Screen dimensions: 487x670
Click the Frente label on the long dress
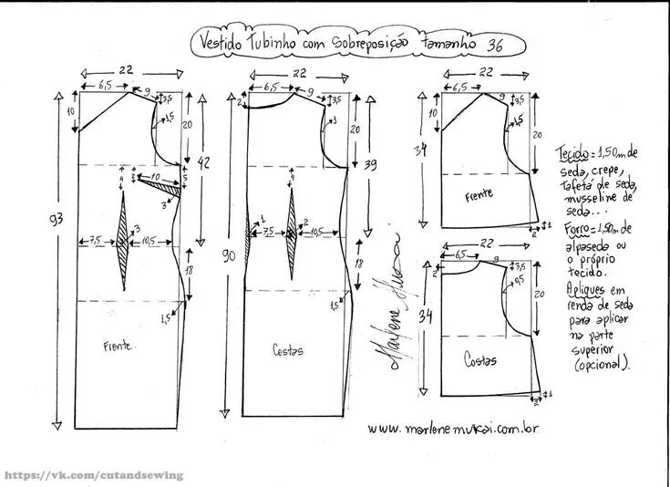pyautogui.click(x=119, y=346)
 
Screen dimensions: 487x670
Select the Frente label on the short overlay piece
pyautogui.click(x=479, y=196)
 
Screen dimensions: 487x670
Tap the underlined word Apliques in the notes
pyautogui.click(x=584, y=288)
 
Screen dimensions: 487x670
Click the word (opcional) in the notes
pyautogui.click(x=603, y=365)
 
